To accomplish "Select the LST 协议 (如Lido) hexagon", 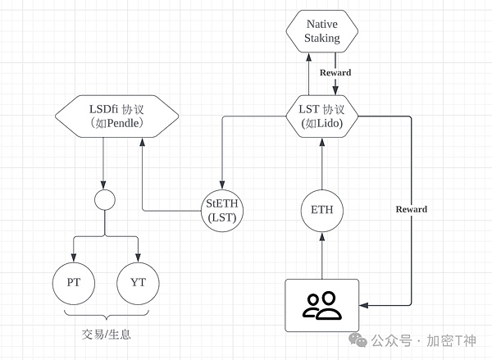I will tap(322, 118).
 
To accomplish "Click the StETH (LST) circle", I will tap(224, 209).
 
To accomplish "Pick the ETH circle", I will tap(322, 209).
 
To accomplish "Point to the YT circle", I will tap(137, 283).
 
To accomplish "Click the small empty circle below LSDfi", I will tap(104, 199).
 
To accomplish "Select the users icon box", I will tap(322, 304).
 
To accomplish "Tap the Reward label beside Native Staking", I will tap(335, 73).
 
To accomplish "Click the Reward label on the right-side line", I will tap(411, 209).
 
